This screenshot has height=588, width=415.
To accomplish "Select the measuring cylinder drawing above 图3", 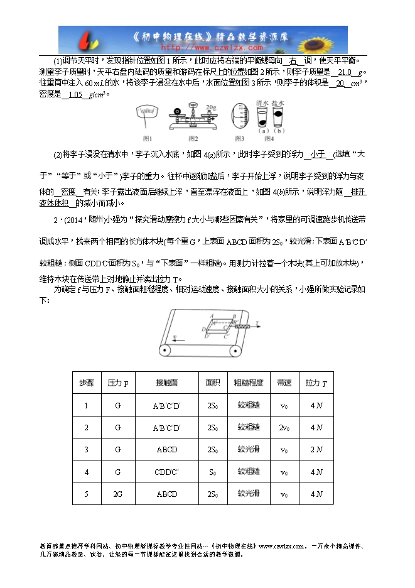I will coord(239,117).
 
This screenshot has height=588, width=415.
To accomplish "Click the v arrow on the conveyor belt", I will coord(180,336).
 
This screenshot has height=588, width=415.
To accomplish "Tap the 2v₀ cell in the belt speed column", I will coord(284,428).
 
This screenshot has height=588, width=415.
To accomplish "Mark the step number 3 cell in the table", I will coord(86,450).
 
